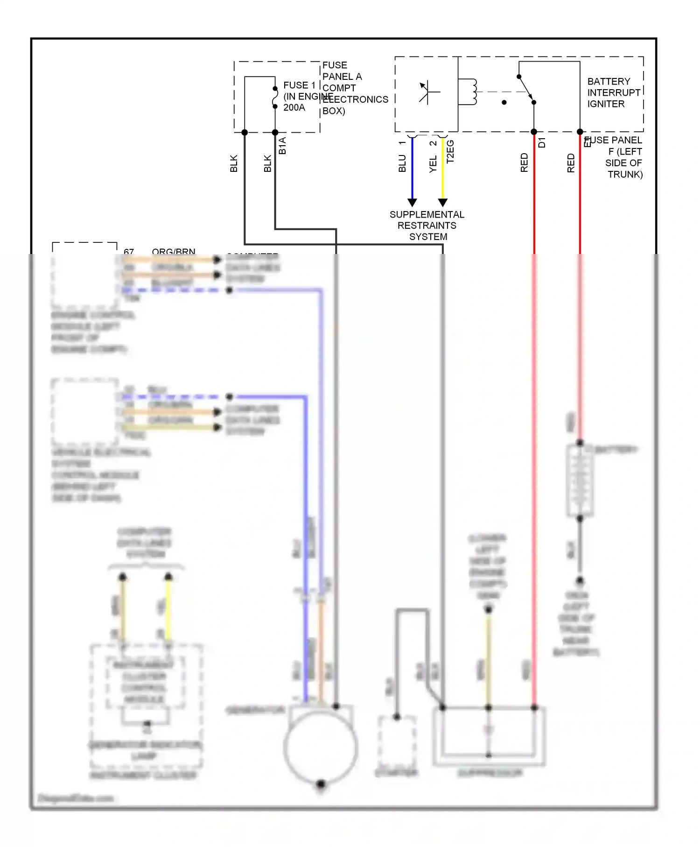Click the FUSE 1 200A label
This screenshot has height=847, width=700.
point(299,96)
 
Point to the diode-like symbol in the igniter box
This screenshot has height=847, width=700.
point(427,92)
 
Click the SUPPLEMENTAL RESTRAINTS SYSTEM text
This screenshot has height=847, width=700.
point(427,226)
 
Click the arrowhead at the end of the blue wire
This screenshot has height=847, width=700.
point(412,202)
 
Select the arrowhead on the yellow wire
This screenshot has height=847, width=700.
point(443,202)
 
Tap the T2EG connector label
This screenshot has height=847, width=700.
point(450,152)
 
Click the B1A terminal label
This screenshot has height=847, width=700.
point(282,146)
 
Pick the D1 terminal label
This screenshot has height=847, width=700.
point(542,142)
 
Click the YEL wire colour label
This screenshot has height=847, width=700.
point(433,164)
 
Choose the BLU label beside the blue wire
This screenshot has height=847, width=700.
point(402,163)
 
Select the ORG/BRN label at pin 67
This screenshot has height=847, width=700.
point(173,252)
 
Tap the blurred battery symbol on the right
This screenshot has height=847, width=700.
point(580,481)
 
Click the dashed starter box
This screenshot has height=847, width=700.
point(397,742)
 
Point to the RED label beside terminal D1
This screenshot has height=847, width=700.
point(524,162)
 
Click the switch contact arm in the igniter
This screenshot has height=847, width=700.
point(526,89)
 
